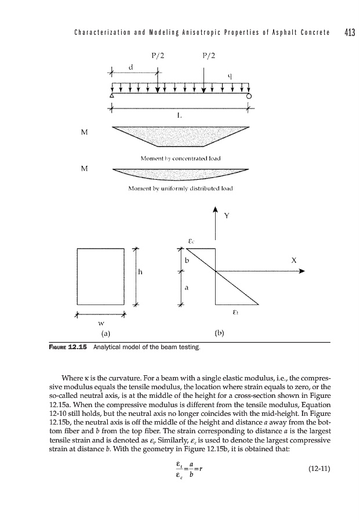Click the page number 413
coord(348,31)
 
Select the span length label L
coord(179,115)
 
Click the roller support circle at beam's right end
coord(249,96)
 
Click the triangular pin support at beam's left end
coord(112,96)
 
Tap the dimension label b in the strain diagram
coord(187,260)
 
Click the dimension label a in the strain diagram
coord(187,287)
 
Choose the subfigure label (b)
coord(219,333)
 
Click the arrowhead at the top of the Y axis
coord(216,210)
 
